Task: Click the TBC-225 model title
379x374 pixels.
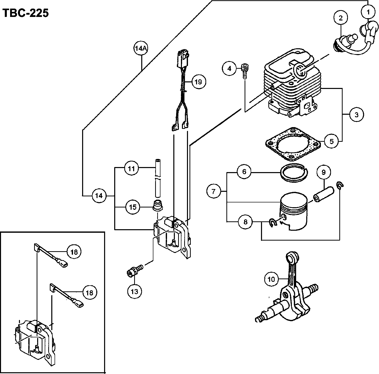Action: [x=25, y=13]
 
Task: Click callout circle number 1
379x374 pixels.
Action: [x=368, y=12]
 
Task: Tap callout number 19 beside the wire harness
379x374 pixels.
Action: [x=199, y=82]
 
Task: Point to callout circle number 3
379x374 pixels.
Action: [x=356, y=114]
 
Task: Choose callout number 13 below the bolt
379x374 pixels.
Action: [x=134, y=291]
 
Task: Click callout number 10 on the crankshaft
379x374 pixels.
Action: [x=271, y=279]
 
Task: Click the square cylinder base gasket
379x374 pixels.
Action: [x=293, y=144]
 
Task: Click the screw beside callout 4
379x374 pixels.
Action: [x=245, y=71]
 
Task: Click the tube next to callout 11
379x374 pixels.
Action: [x=158, y=178]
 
